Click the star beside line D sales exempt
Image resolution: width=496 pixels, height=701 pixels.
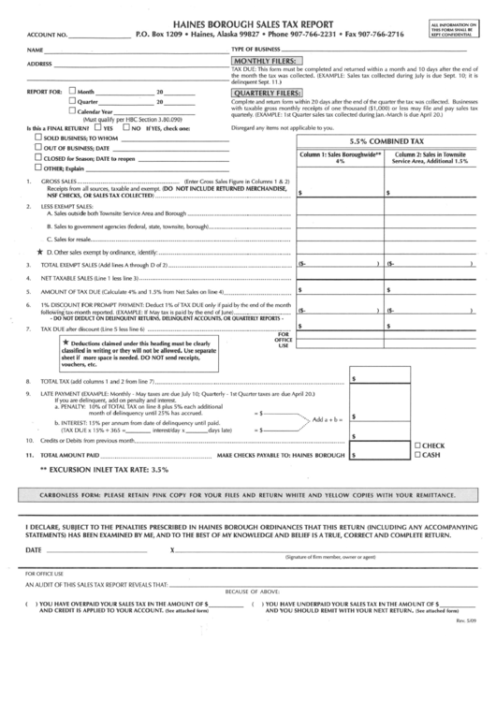[38, 253]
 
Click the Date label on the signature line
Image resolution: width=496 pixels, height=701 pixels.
[33, 549]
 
